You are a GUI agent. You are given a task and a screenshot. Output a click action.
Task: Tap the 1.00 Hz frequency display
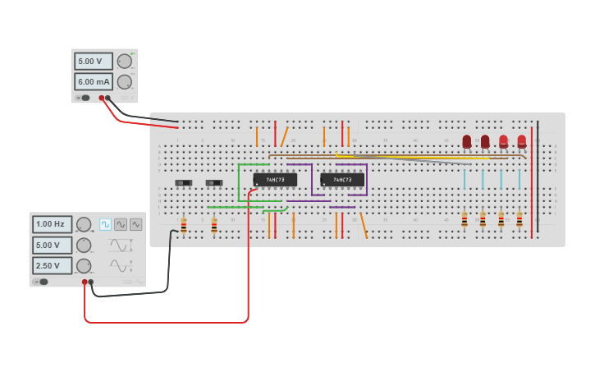[52, 224]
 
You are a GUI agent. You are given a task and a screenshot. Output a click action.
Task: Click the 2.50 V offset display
[52, 265]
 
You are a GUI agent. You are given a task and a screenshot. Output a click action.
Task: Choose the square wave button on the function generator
[106, 224]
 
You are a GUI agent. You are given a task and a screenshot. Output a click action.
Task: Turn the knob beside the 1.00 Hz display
[84, 224]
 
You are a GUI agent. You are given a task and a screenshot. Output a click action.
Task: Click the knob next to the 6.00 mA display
[125, 81]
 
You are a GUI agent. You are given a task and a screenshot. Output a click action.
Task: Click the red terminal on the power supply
[102, 98]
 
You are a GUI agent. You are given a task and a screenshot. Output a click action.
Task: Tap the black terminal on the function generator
[91, 282]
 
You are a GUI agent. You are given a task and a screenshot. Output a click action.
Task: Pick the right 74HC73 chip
[342, 180]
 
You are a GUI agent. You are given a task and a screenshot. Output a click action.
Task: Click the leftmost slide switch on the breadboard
[184, 182]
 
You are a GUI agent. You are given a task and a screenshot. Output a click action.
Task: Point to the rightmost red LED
[522, 141]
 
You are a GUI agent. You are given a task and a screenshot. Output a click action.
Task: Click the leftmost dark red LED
[467, 141]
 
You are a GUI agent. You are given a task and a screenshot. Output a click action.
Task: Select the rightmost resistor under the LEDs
[519, 220]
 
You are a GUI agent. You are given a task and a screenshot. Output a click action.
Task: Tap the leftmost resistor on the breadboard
[184, 224]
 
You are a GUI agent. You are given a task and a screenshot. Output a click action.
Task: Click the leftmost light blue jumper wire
[465, 179]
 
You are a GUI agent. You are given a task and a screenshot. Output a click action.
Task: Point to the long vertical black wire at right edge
[538, 177]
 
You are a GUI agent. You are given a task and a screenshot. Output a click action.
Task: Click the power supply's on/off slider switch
[84, 98]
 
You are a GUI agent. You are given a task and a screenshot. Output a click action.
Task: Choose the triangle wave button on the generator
[135, 224]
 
